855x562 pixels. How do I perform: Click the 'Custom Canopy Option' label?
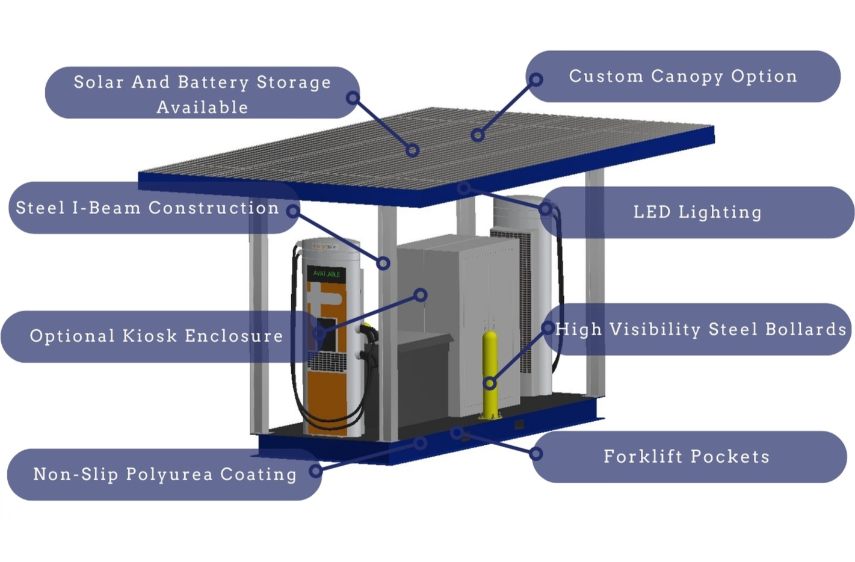683,76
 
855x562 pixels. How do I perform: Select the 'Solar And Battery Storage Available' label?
202,93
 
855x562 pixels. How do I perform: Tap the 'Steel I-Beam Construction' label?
147,208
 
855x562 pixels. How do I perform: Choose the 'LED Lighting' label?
697,212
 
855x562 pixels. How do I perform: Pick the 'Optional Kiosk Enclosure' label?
156,336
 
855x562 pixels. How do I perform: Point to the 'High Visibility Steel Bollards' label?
701,330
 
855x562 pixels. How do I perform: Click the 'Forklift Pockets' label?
687,457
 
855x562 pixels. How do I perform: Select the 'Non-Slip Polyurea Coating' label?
164,474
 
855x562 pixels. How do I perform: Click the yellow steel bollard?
490,373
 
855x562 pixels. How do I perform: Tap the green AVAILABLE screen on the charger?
327,274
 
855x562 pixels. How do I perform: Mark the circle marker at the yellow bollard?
490,383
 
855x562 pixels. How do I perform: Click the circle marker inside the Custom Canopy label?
536,79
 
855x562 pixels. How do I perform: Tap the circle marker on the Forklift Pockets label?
536,453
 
